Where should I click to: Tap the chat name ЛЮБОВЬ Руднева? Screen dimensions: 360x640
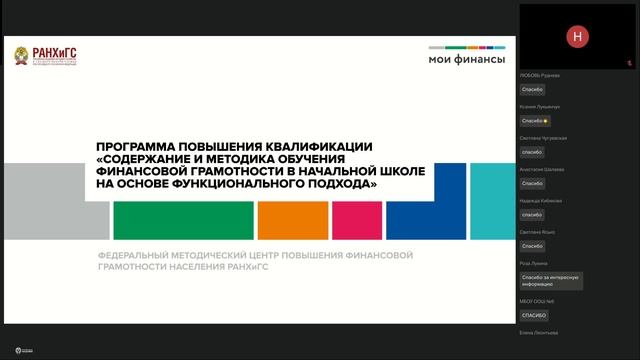point(539,75)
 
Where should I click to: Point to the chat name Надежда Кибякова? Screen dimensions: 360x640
point(541,200)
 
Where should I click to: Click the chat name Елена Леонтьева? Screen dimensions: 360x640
point(540,333)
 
